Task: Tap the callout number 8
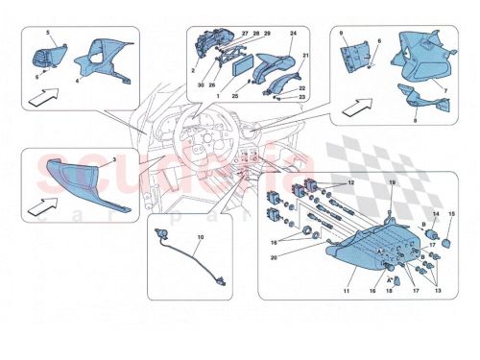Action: pyautogui.click(x=416, y=124)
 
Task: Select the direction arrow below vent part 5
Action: pyautogui.click(x=42, y=97)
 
